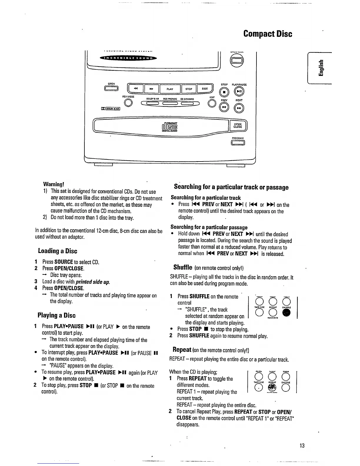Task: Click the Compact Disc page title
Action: coord(268,34)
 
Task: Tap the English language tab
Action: coord(322,68)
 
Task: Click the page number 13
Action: coord(302,445)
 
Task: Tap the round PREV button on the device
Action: coord(224,108)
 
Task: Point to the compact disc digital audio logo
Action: coord(169,127)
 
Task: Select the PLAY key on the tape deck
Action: coord(170,89)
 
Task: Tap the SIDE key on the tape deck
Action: coord(205,89)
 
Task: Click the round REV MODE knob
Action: coord(128,103)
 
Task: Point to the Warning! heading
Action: coord(54,184)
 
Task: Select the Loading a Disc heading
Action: coord(58,251)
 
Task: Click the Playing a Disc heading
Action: coord(57,315)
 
